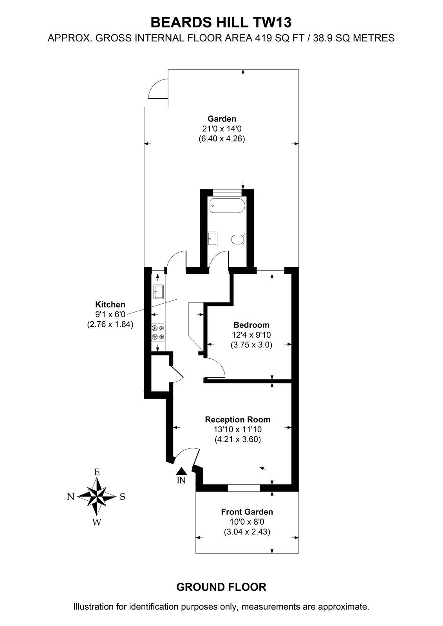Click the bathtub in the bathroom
[x=227, y=206]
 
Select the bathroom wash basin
[x=212, y=239]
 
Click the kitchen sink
[x=158, y=292]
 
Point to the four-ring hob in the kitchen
[x=158, y=332]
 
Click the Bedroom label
[x=251, y=325]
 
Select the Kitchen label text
[x=110, y=304]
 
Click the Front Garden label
[x=247, y=512]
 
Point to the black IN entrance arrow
[x=181, y=471]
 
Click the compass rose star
[x=96, y=496]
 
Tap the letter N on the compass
[x=71, y=496]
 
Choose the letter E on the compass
[x=97, y=472]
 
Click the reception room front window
[x=244, y=488]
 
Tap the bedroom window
[x=270, y=270]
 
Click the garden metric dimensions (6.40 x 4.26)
[x=222, y=139]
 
